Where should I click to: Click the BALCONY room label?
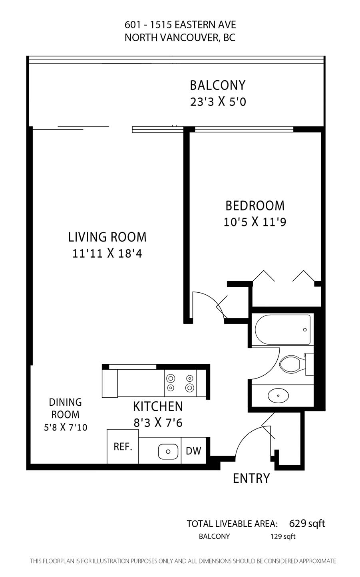[x=218, y=85]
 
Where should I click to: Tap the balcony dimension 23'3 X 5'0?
[x=218, y=102]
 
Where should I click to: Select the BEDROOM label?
[x=255, y=206]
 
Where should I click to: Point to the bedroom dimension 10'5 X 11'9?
[x=255, y=222]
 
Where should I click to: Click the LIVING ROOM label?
[x=107, y=237]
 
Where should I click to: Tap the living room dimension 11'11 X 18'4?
[x=107, y=254]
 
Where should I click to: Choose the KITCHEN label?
[x=158, y=406]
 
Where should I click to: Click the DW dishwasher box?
[x=193, y=450]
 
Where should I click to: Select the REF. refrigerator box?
[x=123, y=446]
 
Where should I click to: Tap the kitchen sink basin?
[x=168, y=452]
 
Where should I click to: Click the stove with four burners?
[x=180, y=383]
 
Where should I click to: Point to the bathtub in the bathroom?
[x=283, y=329]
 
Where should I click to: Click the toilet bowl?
[x=290, y=364]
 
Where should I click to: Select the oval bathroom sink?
[x=278, y=395]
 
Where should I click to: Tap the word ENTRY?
[x=251, y=478]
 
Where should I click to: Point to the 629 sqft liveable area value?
[x=307, y=523]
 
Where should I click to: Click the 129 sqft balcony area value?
[x=283, y=537]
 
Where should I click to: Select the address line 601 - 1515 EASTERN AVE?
[x=180, y=25]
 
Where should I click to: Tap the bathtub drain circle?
[x=305, y=330]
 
